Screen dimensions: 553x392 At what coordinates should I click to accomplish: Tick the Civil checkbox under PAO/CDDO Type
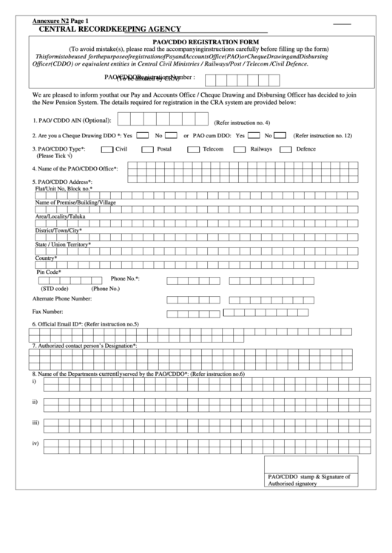coord(107,149)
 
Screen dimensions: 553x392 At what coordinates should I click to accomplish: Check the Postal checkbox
coord(148,149)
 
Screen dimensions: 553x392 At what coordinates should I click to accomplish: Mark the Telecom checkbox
coord(194,149)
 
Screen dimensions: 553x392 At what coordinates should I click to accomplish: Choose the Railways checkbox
coord(240,149)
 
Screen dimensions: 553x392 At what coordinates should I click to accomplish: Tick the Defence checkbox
coord(285,149)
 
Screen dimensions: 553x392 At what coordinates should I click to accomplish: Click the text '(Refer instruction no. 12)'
coord(322,136)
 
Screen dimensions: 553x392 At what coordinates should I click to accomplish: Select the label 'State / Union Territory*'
coord(63,244)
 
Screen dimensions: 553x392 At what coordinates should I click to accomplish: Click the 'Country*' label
coord(47,258)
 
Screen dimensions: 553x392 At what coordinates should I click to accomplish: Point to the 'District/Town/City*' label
coord(58,230)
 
